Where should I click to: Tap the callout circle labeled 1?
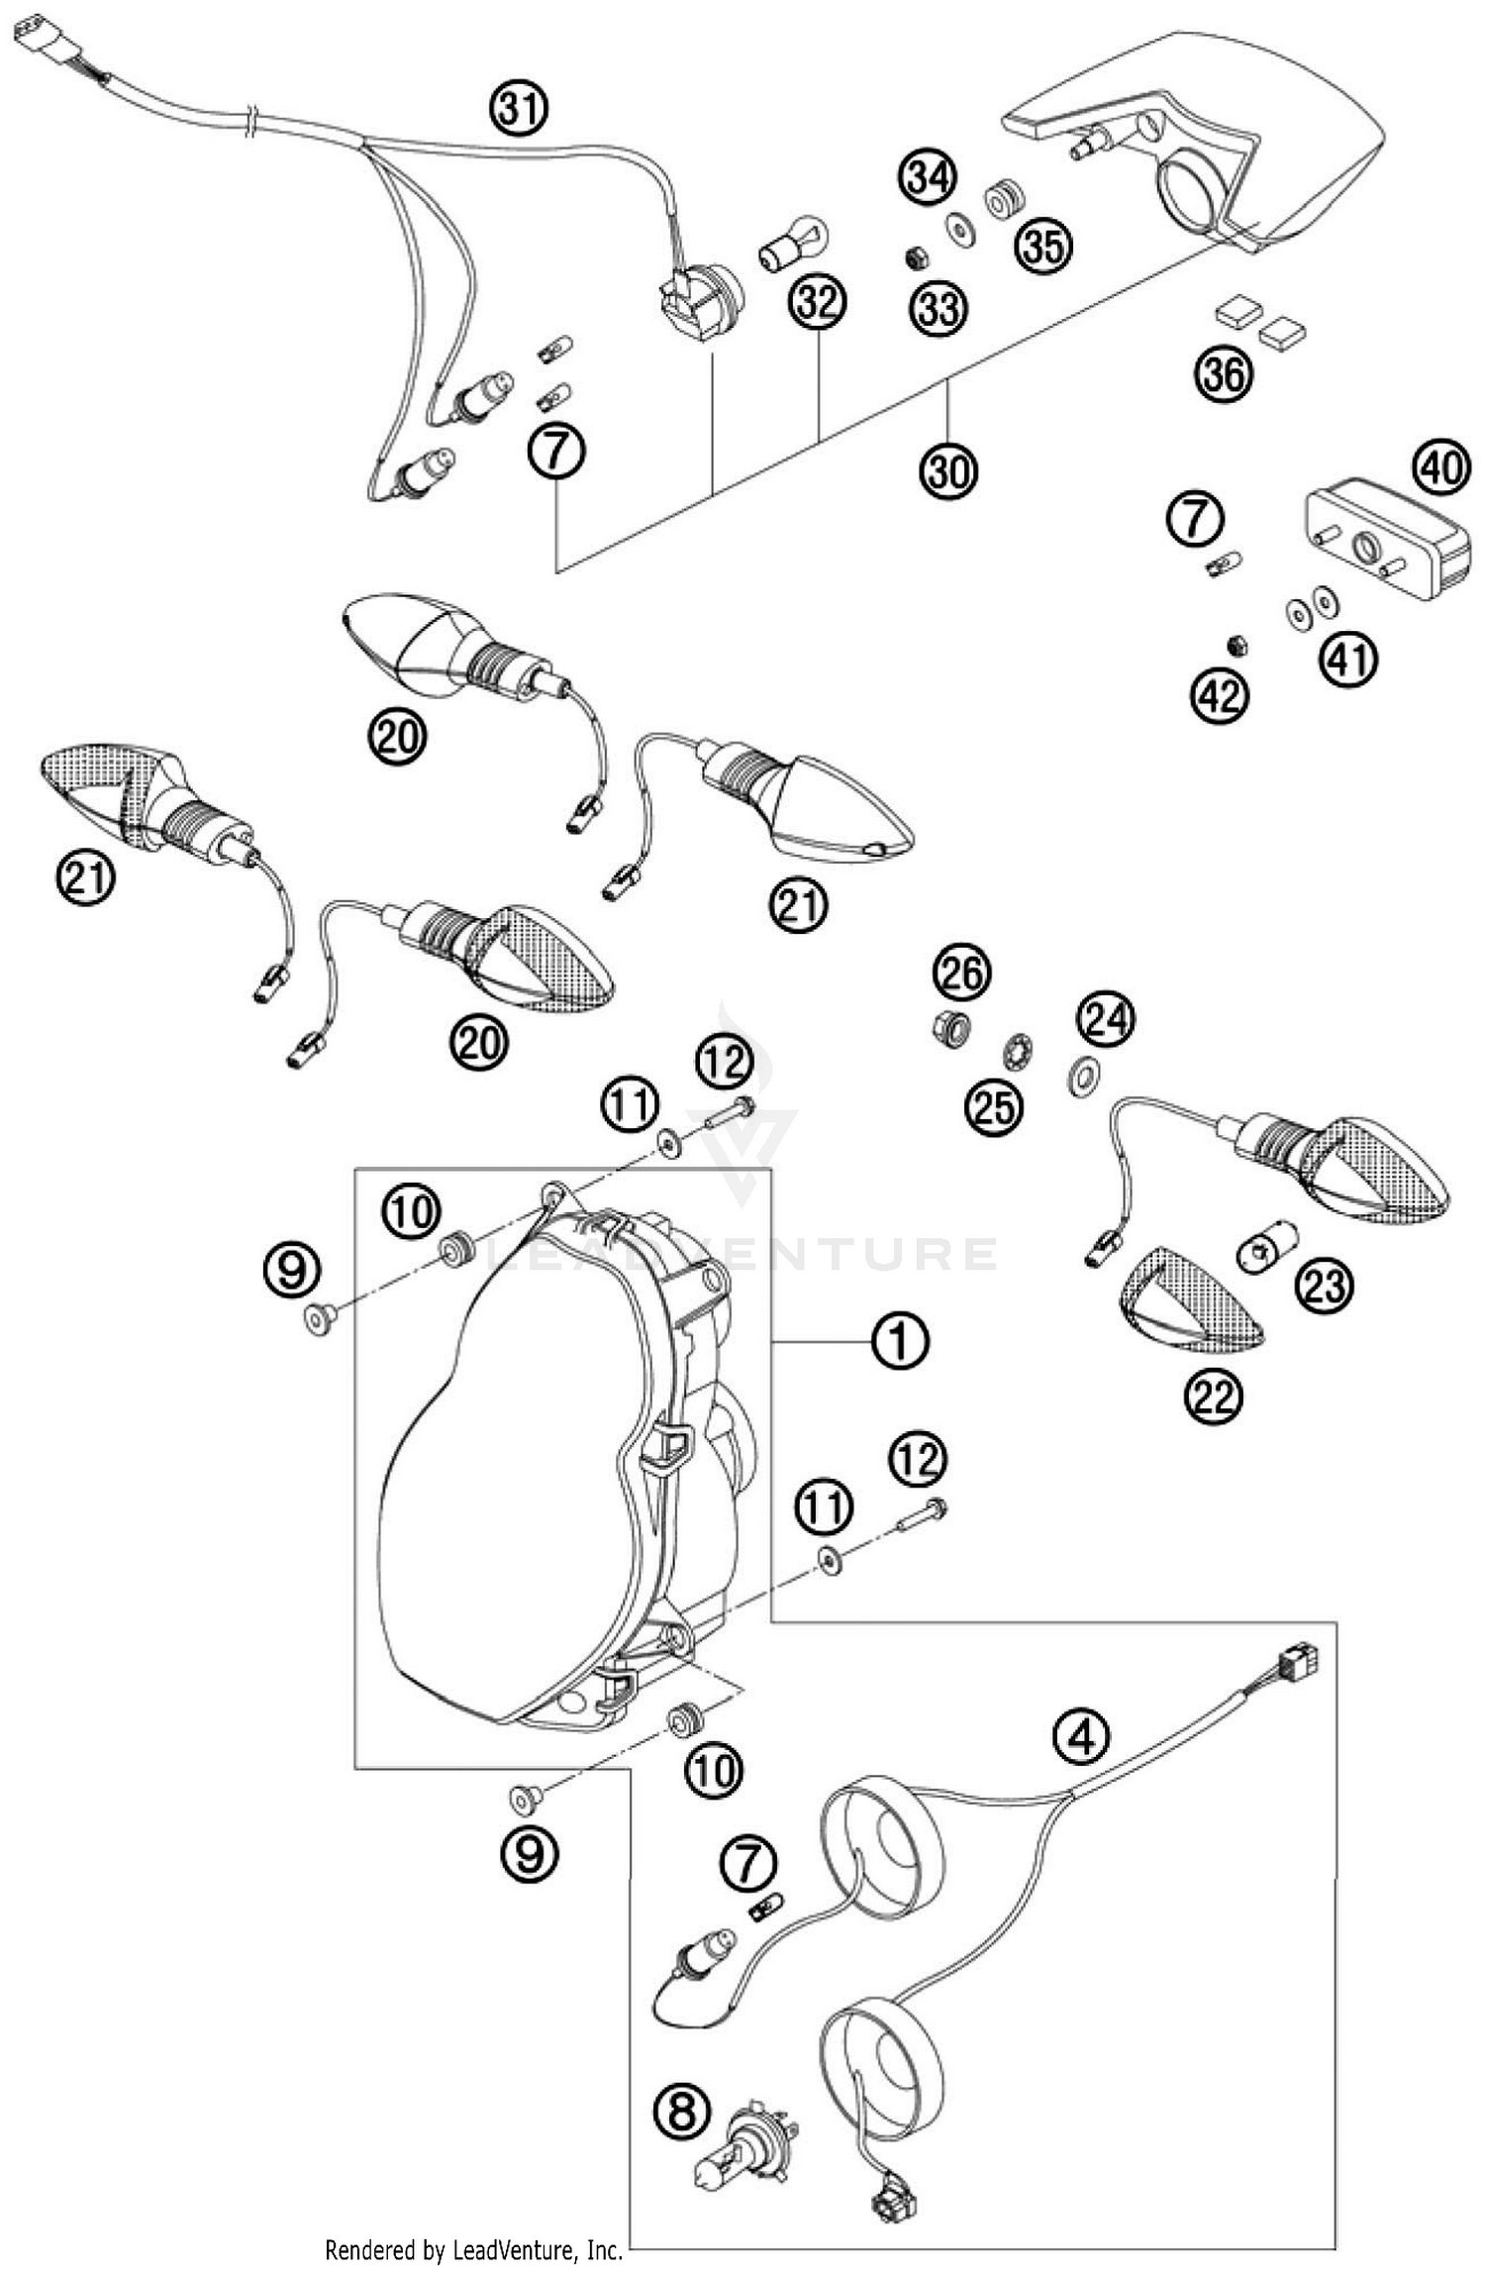pos(899,1341)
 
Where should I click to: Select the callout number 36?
pos(1225,375)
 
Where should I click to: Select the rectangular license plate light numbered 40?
pos(1386,545)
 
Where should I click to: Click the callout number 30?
pos(948,469)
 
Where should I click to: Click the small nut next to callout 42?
pos(1236,646)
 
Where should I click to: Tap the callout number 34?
pos(928,178)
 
